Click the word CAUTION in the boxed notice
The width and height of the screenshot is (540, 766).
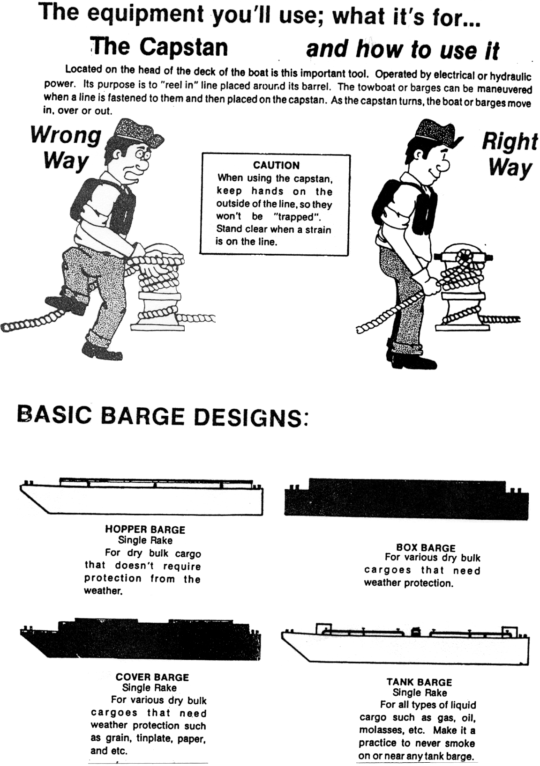coord(276,165)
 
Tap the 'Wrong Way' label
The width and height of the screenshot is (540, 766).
coord(66,148)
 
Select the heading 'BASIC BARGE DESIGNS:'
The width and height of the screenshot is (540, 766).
coord(162,417)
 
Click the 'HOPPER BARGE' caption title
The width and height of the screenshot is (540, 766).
coord(145,530)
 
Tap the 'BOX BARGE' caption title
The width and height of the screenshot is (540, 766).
coord(426,548)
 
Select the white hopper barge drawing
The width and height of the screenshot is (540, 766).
coord(142,496)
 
